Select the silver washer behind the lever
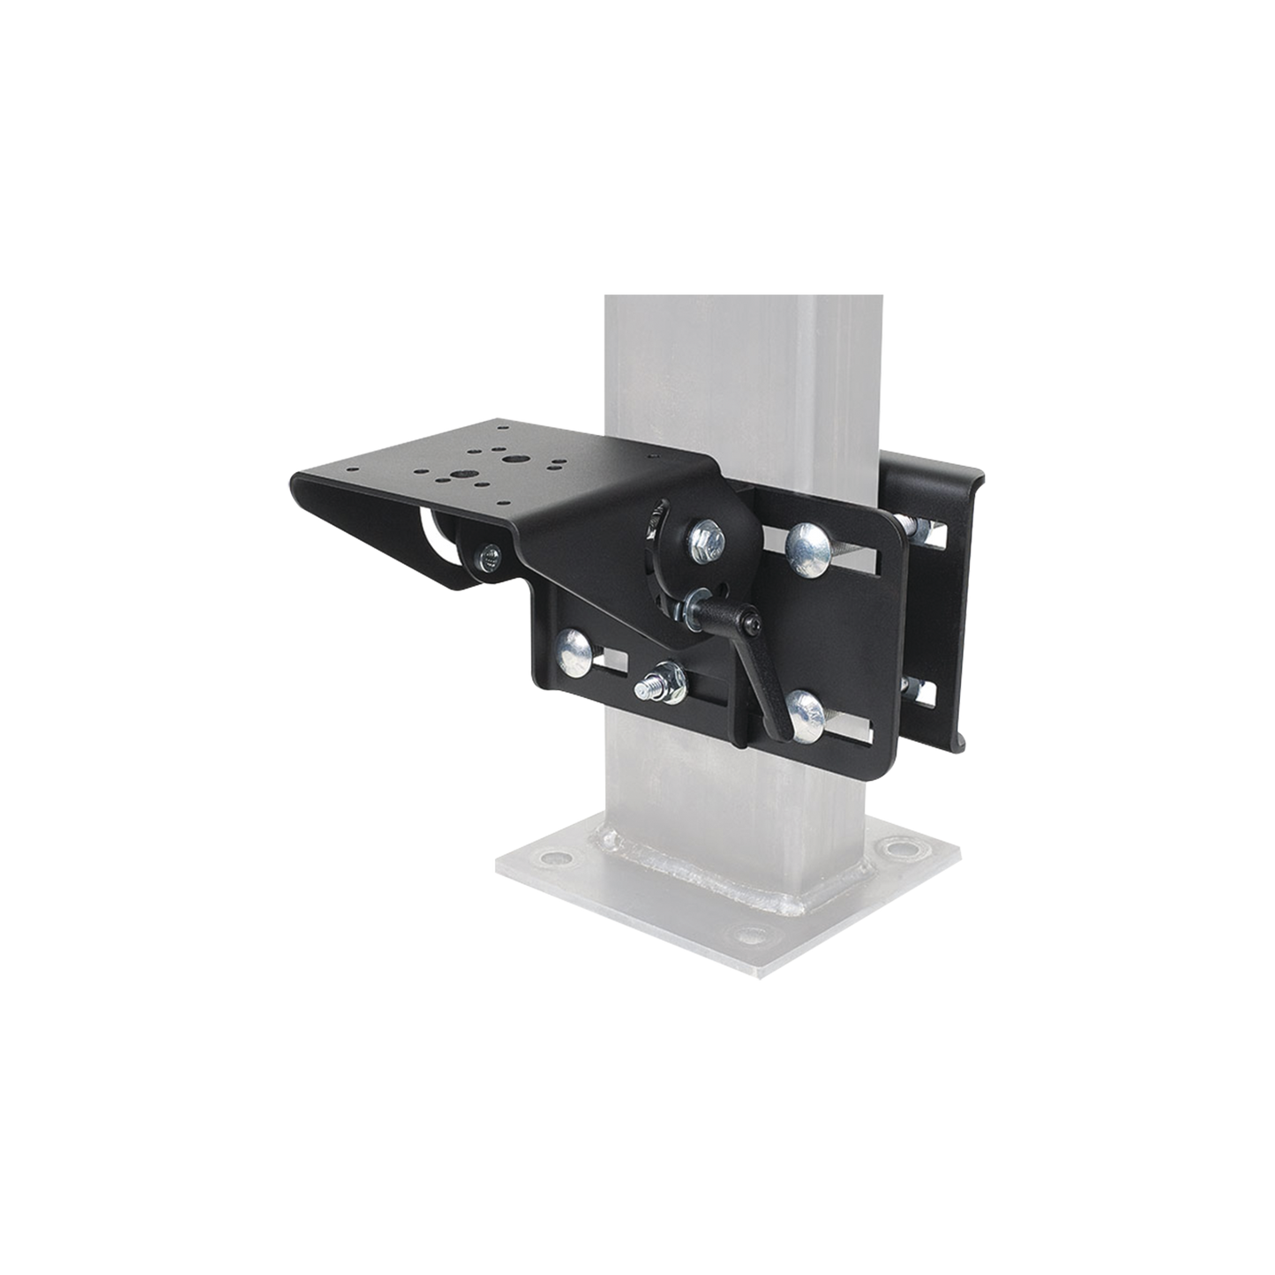tap(684, 610)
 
